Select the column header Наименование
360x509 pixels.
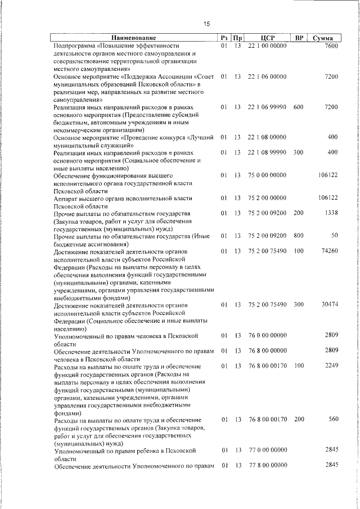point(134,38)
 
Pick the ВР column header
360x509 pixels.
point(299,38)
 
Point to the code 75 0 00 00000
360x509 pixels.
point(267,175)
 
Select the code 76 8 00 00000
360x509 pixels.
point(267,350)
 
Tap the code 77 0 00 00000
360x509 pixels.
point(267,450)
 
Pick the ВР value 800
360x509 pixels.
point(298,235)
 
